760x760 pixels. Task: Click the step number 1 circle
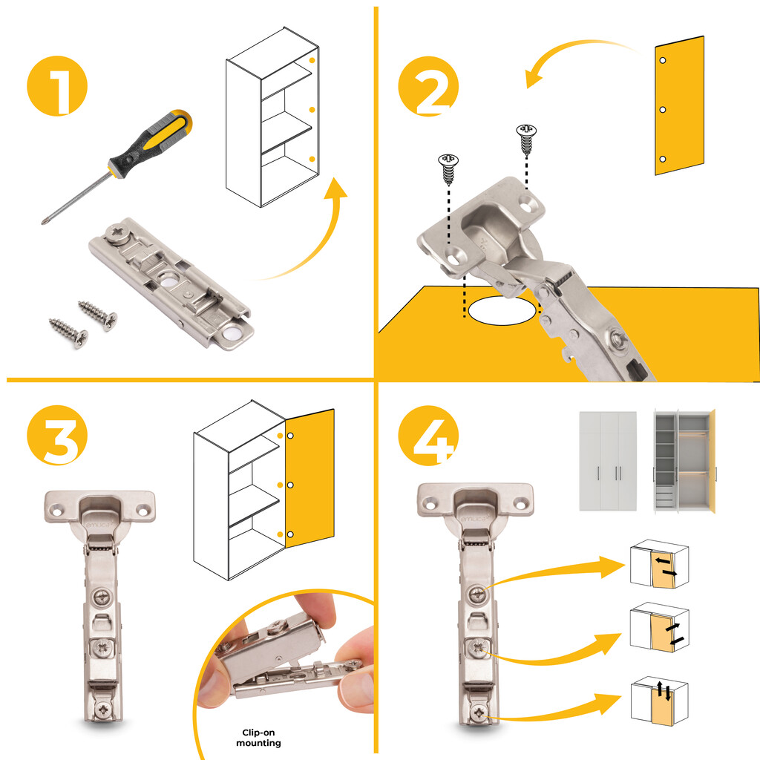pyautogui.click(x=57, y=86)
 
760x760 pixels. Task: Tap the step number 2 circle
pyautogui.click(x=428, y=86)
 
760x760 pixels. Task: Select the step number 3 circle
pyautogui.click(x=57, y=435)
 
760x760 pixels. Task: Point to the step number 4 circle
pyautogui.click(x=428, y=435)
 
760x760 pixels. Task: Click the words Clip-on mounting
pyautogui.click(x=258, y=737)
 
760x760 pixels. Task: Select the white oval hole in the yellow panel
pyautogui.click(x=502, y=311)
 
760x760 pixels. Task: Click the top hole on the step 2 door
pyautogui.click(x=663, y=61)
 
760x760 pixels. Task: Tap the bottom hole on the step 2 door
pyautogui.click(x=663, y=159)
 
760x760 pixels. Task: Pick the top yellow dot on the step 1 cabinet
pyautogui.click(x=312, y=61)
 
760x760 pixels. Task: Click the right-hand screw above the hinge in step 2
pyautogui.click(x=526, y=139)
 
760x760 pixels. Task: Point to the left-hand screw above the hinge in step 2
pyautogui.click(x=448, y=169)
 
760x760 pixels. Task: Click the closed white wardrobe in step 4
pyautogui.click(x=608, y=461)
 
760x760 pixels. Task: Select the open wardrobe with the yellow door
pyautogui.click(x=684, y=461)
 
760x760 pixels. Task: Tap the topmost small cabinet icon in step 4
pyautogui.click(x=659, y=564)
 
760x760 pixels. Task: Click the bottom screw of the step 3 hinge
pyautogui.click(x=103, y=711)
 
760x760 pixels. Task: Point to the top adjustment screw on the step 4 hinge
pyautogui.click(x=478, y=593)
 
